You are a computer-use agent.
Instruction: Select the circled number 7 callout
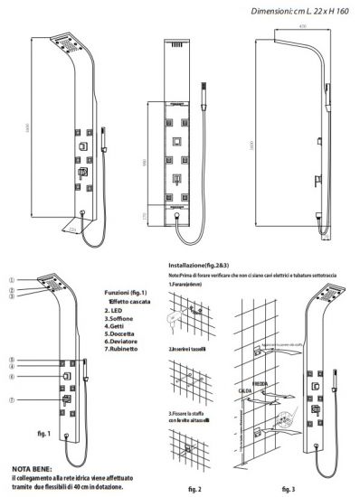[x=11, y=399]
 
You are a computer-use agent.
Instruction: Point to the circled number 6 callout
[x=11, y=376]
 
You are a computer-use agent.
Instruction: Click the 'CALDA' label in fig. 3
[x=243, y=391]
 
